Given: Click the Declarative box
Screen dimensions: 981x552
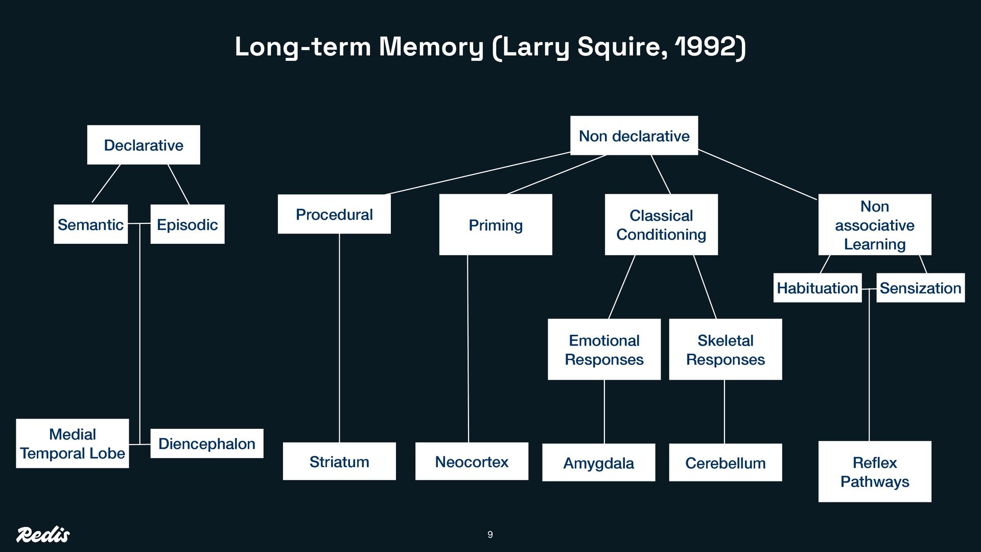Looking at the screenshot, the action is point(144,145).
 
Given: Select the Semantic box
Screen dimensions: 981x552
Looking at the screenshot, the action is point(90,224).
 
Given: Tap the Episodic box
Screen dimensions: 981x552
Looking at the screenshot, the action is point(187,224).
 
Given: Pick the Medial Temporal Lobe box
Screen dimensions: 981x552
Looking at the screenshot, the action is point(73,444).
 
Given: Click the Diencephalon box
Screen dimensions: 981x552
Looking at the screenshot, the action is point(207,444).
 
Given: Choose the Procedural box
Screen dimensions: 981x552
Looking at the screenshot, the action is point(334,214).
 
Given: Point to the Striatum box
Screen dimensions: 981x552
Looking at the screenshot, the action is point(339,462).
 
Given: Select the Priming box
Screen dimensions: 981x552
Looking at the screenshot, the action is point(496,225).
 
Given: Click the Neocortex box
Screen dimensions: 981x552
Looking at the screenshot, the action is point(472,462).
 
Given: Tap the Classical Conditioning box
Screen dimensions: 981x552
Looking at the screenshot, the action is point(661,225).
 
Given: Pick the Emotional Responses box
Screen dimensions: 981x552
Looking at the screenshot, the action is point(604,350).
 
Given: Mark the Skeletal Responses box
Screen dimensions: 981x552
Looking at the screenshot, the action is point(726,350).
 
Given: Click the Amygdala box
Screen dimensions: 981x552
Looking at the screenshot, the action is point(598,463).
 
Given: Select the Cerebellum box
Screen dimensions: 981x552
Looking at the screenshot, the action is point(726,463).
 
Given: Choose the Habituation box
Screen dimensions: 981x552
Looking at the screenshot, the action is point(818,288).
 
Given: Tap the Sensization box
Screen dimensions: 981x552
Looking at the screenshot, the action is point(921,288).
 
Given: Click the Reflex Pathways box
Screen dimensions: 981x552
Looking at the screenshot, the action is point(875,472).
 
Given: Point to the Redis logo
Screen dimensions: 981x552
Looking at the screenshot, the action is point(43,535).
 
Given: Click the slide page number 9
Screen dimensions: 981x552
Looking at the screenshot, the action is point(490,535).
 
